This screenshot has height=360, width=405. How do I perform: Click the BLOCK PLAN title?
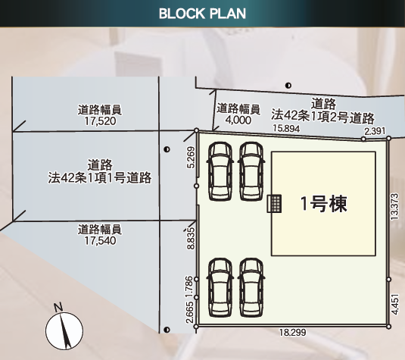click(202, 14)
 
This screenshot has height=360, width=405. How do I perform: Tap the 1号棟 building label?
click(324, 204)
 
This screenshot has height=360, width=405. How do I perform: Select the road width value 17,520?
click(100, 121)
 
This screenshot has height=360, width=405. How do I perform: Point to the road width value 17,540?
click(100, 240)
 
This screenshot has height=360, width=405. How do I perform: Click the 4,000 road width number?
click(238, 120)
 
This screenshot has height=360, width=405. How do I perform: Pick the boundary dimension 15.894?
click(286, 128)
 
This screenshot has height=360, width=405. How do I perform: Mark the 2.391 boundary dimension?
click(375, 131)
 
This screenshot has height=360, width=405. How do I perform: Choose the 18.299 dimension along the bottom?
click(292, 332)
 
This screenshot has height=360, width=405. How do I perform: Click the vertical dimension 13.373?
click(394, 207)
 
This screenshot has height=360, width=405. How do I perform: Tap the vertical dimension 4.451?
click(395, 304)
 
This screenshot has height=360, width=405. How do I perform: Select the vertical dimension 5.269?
click(191, 158)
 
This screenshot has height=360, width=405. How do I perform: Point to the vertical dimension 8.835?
click(191, 238)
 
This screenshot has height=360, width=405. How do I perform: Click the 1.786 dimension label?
click(189, 286)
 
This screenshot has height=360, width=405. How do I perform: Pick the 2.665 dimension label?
click(189, 312)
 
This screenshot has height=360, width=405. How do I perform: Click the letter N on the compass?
click(58, 307)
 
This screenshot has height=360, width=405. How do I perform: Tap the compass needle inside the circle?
click(65, 331)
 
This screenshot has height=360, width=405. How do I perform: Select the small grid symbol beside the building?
click(274, 204)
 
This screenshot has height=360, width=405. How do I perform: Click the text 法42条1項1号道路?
click(100, 178)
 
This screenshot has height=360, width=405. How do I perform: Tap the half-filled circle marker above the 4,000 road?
click(288, 86)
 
